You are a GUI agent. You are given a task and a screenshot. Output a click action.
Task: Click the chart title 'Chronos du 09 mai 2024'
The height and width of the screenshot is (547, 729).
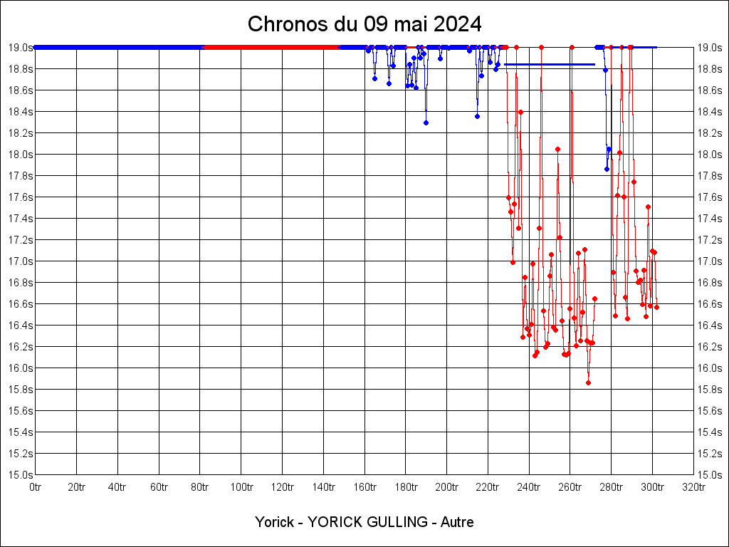(364, 24)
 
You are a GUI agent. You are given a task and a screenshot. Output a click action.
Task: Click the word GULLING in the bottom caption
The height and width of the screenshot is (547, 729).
(392, 522)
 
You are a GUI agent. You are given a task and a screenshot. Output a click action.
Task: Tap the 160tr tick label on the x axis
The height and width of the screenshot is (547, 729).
(364, 486)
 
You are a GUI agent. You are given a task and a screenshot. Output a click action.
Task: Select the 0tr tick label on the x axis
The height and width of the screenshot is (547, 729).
(35, 486)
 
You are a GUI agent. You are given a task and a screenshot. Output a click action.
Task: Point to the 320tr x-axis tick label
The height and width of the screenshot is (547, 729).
(694, 486)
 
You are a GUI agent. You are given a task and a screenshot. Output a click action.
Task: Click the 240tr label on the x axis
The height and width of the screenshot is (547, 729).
(529, 486)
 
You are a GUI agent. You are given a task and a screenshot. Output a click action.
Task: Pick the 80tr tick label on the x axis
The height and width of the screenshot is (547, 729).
(200, 486)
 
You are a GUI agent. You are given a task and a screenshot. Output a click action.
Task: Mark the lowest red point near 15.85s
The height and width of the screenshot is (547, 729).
(588, 382)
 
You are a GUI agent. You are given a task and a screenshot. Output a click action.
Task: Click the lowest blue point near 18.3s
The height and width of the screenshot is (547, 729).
(426, 123)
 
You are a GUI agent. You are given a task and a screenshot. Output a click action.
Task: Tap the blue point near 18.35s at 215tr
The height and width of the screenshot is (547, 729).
(477, 116)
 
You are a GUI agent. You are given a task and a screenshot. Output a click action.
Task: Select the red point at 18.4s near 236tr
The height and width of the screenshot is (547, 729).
(520, 112)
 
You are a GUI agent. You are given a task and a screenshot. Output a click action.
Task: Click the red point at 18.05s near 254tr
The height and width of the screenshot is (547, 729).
(557, 149)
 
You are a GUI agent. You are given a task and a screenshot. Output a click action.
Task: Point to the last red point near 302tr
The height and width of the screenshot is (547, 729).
(656, 307)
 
